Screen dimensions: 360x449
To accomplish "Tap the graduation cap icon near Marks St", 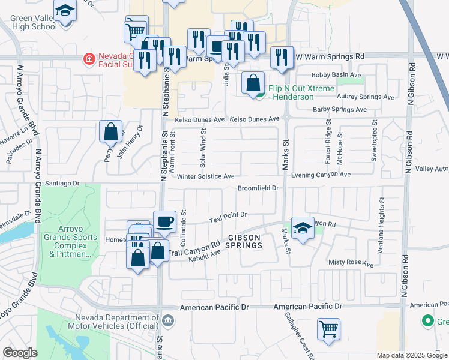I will click(x=303, y=228).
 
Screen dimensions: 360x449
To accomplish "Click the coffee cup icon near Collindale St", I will click(x=164, y=222).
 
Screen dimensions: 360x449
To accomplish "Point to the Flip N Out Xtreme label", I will click(x=293, y=92).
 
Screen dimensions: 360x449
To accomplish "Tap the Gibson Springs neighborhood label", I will click(x=244, y=241).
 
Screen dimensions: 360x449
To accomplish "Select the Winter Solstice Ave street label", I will click(x=205, y=176).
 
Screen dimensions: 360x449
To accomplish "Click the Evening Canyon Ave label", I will click(x=320, y=174).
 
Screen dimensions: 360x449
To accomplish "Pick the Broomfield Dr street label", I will click(x=258, y=188).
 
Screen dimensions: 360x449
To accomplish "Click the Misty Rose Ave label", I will click(x=351, y=263).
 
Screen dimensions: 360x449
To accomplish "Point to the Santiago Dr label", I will click(x=63, y=182).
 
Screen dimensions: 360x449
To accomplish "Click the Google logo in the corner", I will click(x=20, y=353).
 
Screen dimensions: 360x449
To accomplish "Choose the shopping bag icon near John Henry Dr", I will click(x=110, y=133).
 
